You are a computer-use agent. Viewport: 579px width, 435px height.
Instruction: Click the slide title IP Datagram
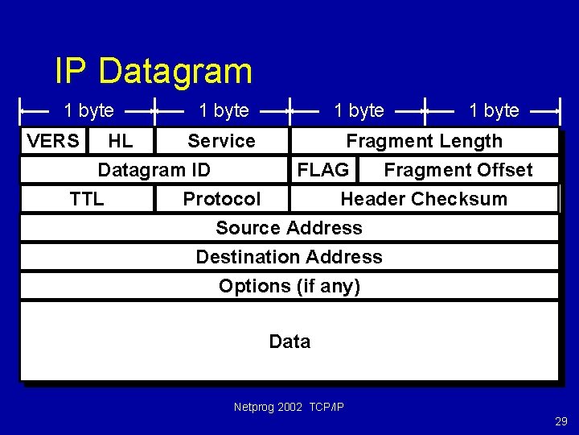pyautogui.click(x=153, y=71)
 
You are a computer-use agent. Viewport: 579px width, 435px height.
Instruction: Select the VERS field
pyautogui.click(x=53, y=141)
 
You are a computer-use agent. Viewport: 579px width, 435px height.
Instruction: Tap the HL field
pyautogui.click(x=121, y=141)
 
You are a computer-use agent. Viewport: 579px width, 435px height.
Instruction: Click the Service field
pyautogui.click(x=221, y=141)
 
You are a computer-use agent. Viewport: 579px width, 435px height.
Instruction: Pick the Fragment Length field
pyautogui.click(x=424, y=141)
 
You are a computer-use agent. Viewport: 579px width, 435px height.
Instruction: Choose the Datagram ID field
pyautogui.click(x=154, y=170)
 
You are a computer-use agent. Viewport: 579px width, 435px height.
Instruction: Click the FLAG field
pyautogui.click(x=323, y=170)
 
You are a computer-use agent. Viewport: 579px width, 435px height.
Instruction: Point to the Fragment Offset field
pyautogui.click(x=458, y=170)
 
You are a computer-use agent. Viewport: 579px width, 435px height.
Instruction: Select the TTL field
pyautogui.click(x=87, y=199)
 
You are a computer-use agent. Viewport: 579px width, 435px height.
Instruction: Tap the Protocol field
pyautogui.click(x=222, y=199)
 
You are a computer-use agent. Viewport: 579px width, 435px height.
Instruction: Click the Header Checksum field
pyautogui.click(x=424, y=199)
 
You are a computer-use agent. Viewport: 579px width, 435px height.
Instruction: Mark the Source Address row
pyautogui.click(x=289, y=228)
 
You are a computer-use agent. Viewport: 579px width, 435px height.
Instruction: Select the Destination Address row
pyautogui.click(x=289, y=257)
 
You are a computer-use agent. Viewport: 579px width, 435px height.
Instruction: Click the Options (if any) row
pyautogui.click(x=289, y=286)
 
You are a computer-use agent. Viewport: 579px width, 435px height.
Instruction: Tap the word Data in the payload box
pyautogui.click(x=289, y=342)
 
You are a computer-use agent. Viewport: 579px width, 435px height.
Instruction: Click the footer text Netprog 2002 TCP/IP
pyautogui.click(x=289, y=407)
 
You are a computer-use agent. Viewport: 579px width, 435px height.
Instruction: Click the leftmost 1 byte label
pyautogui.click(x=88, y=110)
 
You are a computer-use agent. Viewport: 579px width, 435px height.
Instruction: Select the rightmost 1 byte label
pyautogui.click(x=494, y=110)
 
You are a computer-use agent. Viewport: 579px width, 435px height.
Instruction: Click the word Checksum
pyautogui.click(x=467, y=199)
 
